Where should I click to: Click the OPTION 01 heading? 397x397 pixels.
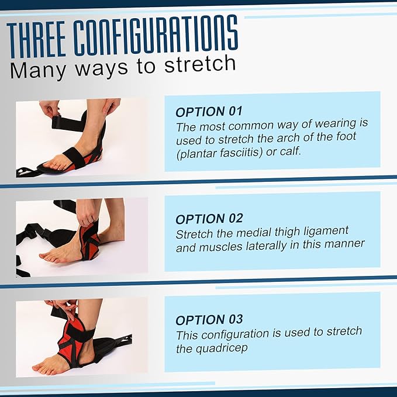pos(209,112)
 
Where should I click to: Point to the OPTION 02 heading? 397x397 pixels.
pos(209,219)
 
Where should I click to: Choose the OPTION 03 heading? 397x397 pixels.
pos(209,320)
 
